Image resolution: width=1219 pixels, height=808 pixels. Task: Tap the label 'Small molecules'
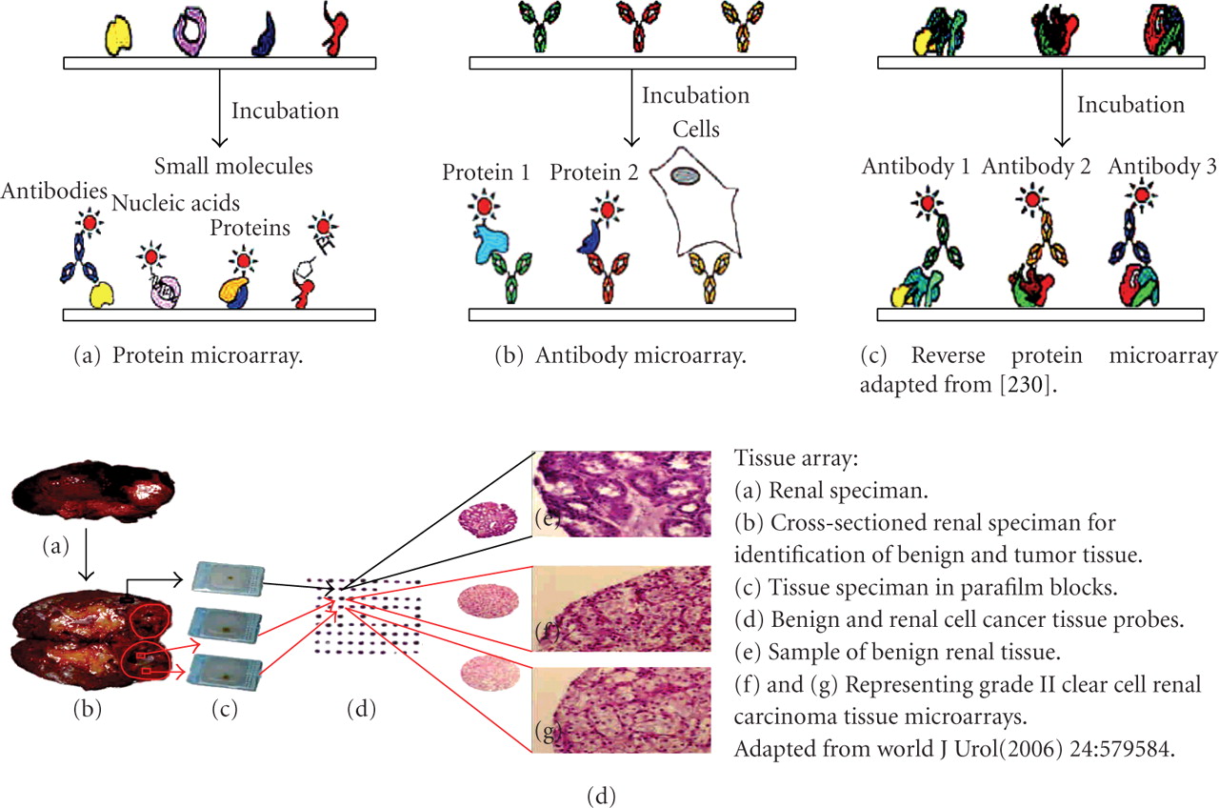(x=233, y=167)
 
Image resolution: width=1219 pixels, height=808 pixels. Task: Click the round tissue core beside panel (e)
(x=485, y=521)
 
